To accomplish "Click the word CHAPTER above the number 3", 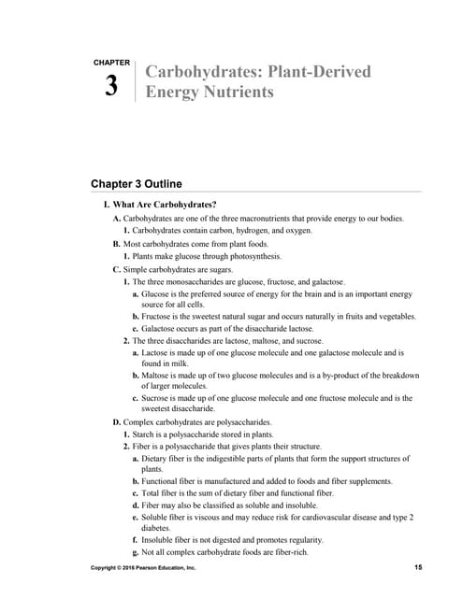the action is (111, 63).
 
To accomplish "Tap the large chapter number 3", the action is (111, 86).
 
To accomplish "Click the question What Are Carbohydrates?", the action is (165, 205).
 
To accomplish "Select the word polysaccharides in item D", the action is (243, 422).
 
